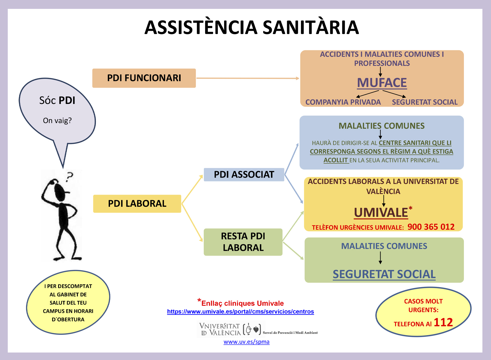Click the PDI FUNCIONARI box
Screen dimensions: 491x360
pos(144,78)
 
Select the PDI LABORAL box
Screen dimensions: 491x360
pos(137,204)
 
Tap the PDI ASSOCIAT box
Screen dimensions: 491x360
pos(244,175)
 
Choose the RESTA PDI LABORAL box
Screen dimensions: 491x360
pos(243,242)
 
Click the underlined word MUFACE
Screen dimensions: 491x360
pos(382,83)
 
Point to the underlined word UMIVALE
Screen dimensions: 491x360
pos(381,213)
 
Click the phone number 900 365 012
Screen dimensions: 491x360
pos(431,227)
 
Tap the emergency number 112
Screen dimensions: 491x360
pos(443,322)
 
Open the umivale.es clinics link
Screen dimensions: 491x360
pos(241,312)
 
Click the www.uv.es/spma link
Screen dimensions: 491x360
pos(247,342)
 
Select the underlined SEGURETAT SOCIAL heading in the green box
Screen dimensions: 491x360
pos(384,274)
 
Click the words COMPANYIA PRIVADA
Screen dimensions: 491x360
pos(343,102)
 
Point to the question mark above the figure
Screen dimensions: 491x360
pos(70,177)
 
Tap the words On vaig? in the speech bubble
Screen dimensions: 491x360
pos(57,121)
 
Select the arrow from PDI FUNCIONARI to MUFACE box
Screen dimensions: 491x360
pos(248,78)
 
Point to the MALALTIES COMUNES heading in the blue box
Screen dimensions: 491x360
pos(382,126)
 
